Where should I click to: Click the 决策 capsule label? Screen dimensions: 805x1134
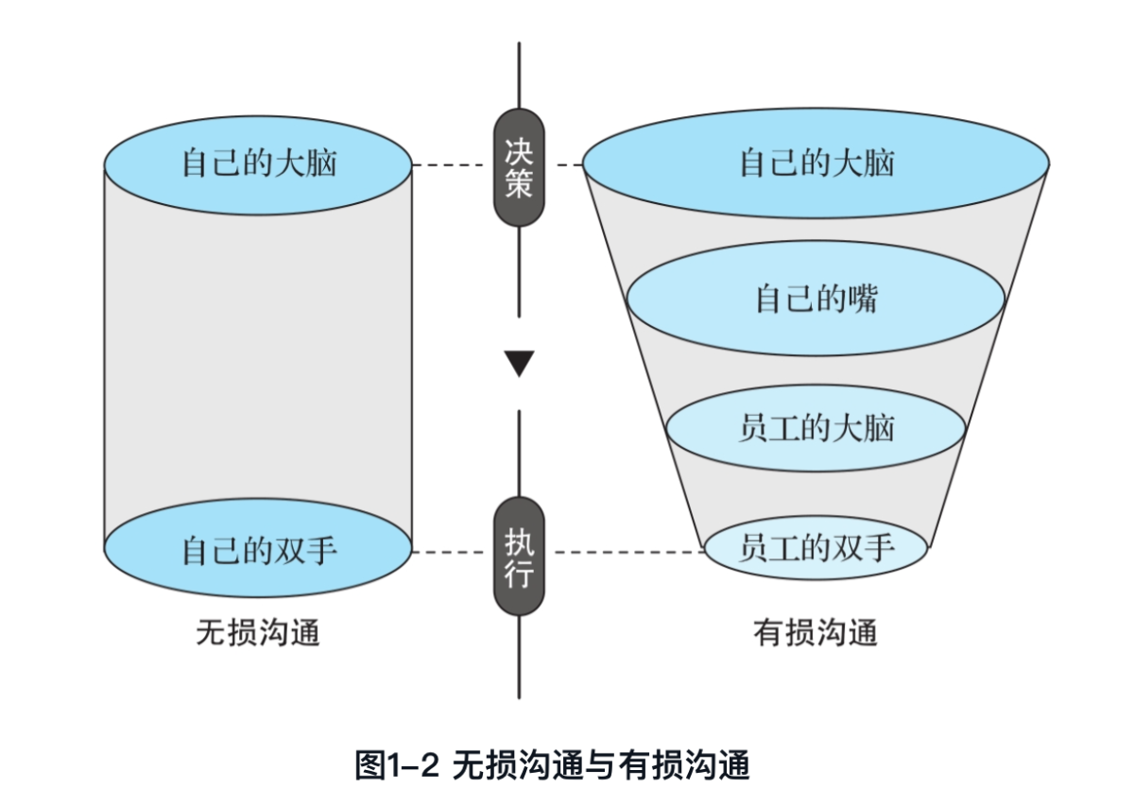[x=519, y=167]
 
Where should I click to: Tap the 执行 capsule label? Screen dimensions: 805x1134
[x=519, y=557]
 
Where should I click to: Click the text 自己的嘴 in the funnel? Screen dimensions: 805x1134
[x=816, y=299]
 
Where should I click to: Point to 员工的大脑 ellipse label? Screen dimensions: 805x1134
[x=816, y=429]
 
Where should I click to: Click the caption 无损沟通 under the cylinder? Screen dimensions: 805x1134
[x=258, y=632]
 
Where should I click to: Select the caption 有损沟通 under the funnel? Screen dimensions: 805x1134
[x=816, y=632]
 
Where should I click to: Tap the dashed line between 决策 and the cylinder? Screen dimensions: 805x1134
[x=452, y=165]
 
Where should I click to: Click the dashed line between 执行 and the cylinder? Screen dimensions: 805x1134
[x=452, y=551]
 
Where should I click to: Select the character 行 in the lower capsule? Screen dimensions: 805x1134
[x=519, y=574]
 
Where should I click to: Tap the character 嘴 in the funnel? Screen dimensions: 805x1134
[x=864, y=299]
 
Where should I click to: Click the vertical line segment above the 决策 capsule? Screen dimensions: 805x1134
[x=519, y=76]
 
